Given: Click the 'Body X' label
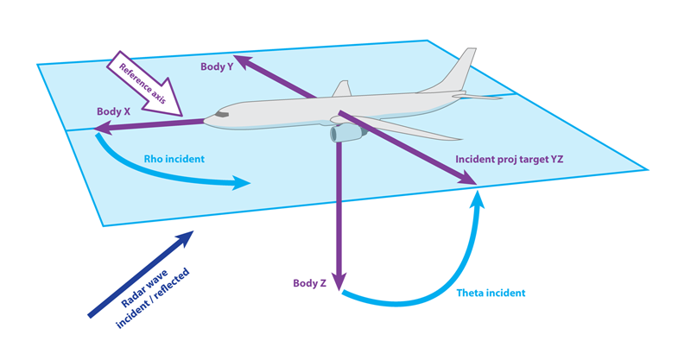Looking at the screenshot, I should [x=114, y=112].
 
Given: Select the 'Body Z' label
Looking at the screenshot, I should [x=308, y=283].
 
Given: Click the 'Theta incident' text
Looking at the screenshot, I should [x=491, y=294].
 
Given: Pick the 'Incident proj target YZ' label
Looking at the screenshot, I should [x=510, y=160].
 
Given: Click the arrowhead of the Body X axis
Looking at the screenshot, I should [x=103, y=129].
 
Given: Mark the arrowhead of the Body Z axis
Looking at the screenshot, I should [x=339, y=280].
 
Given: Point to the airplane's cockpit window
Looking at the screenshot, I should [x=222, y=113].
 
